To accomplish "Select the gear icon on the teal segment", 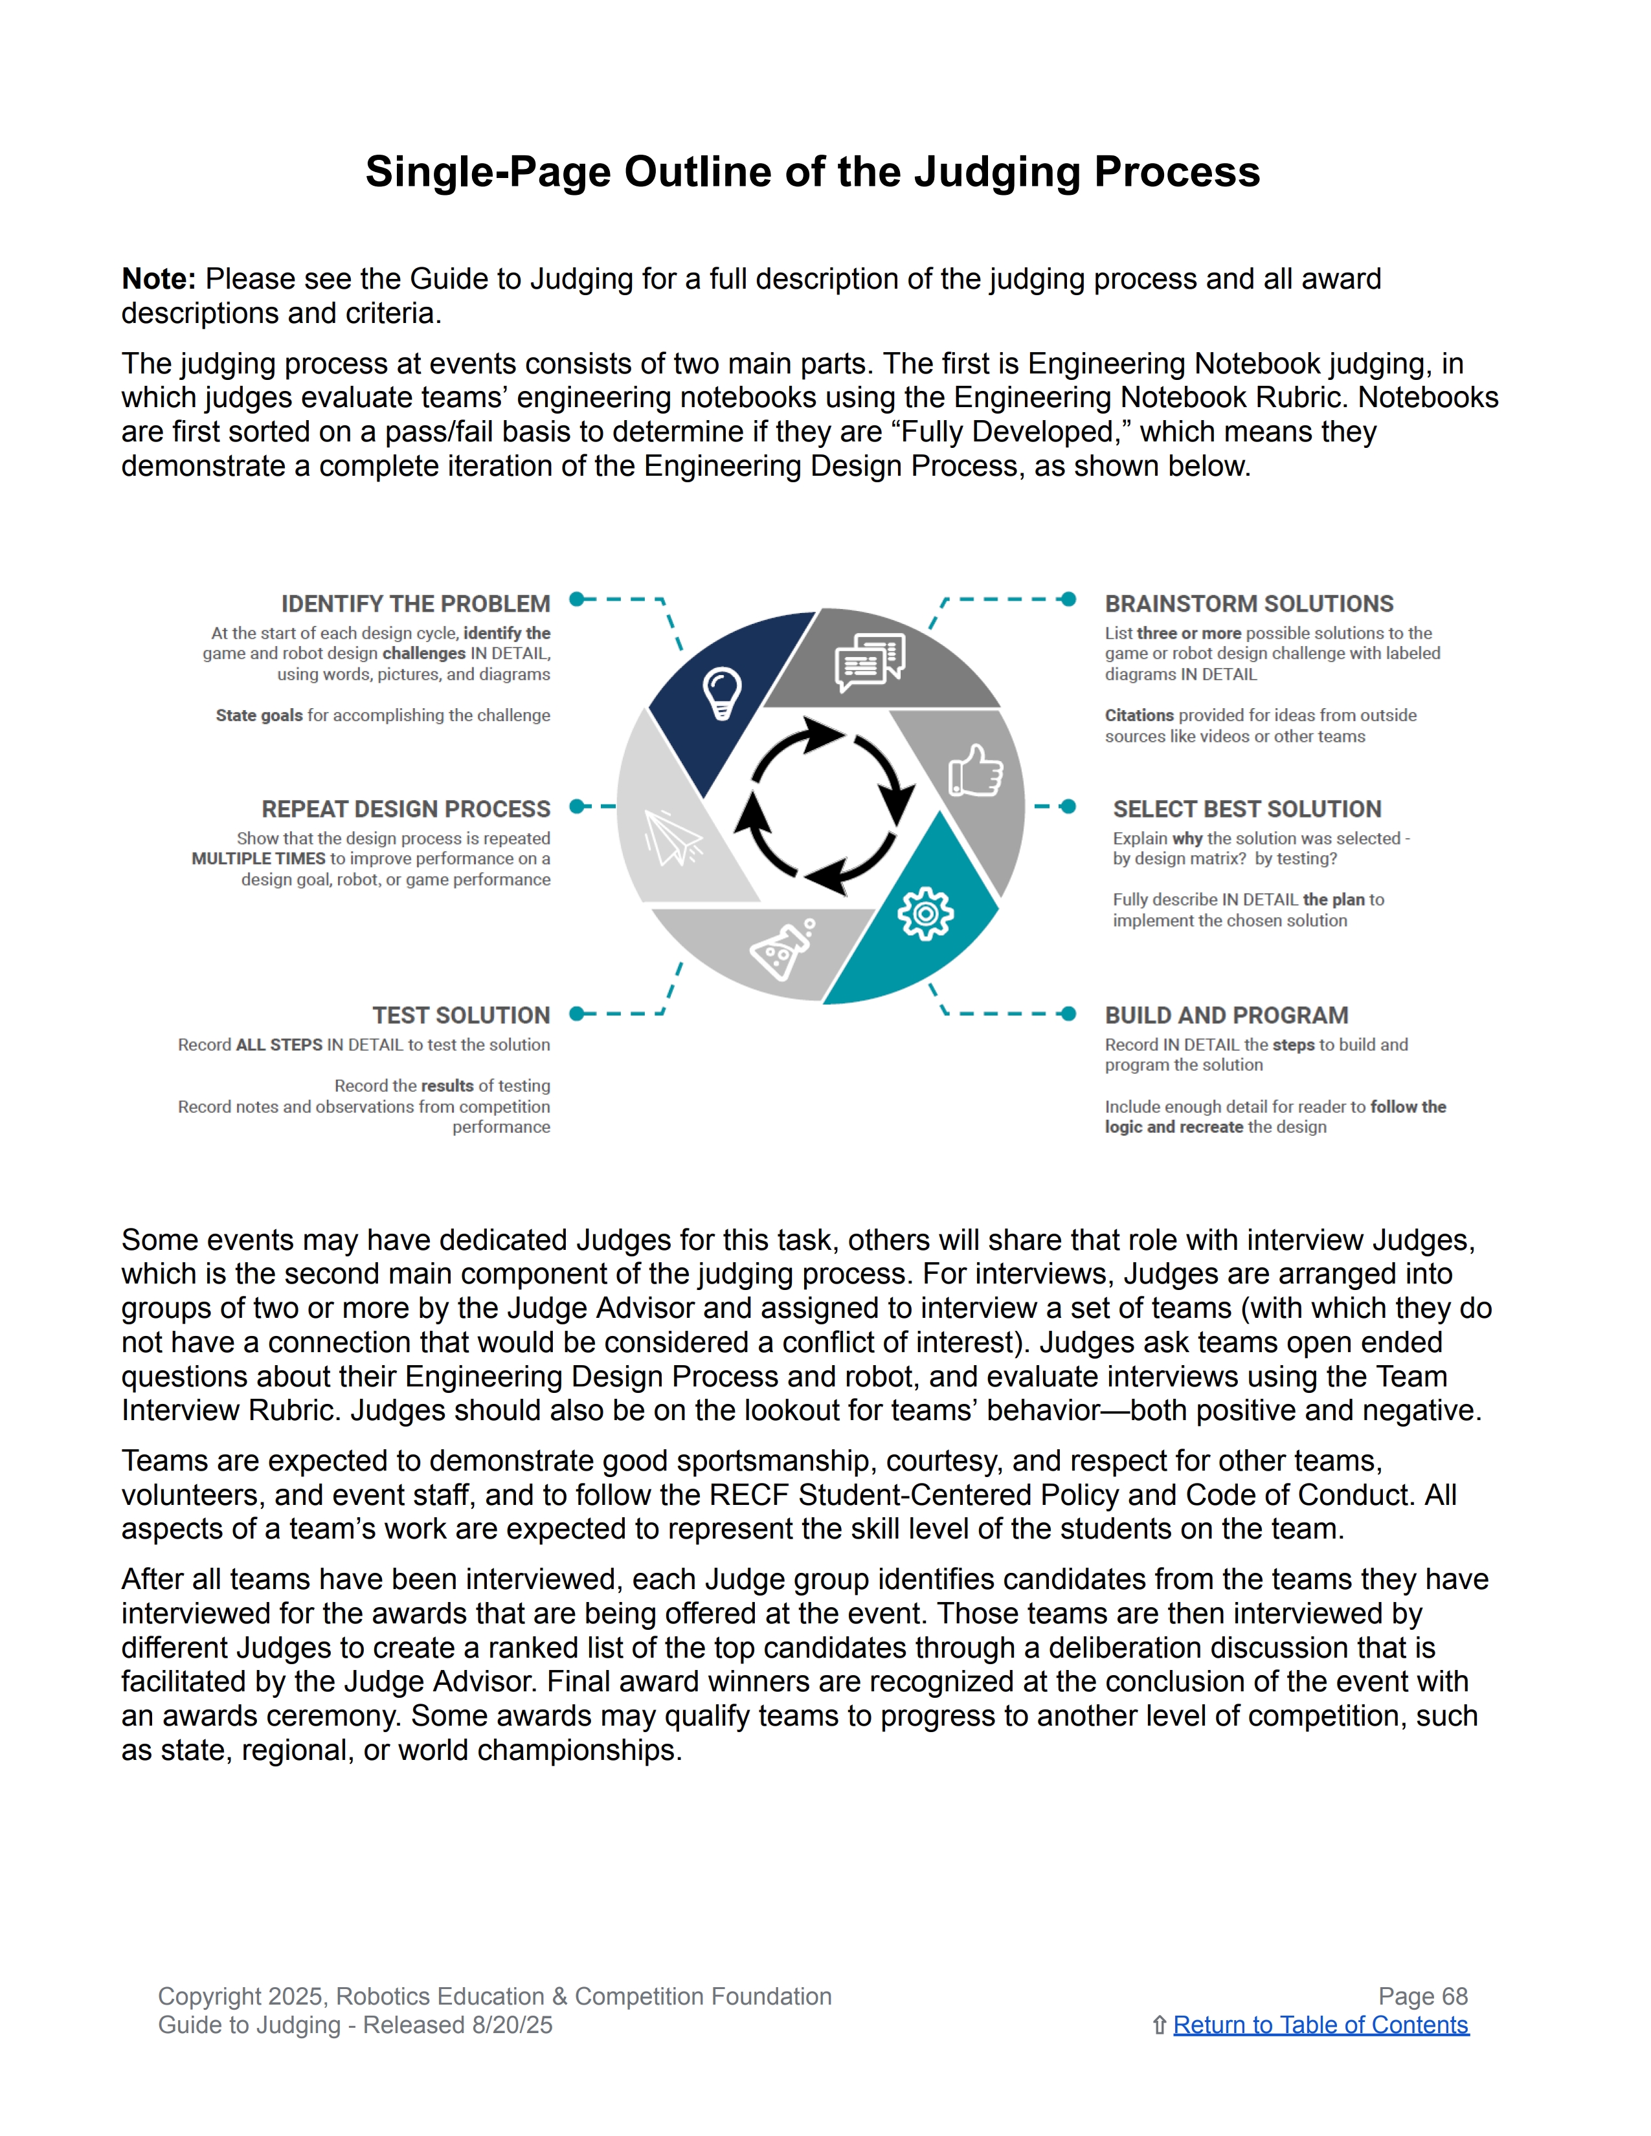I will pos(925,913).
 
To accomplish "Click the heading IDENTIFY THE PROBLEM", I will pos(416,603).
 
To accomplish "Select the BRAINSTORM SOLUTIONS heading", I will pos(1249,603).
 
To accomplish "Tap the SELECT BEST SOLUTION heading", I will pos(1247,809).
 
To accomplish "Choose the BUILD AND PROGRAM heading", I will pos(1226,1015).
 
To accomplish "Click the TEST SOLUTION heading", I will pos(461,1015).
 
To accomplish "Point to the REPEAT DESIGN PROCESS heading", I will pos(406,809).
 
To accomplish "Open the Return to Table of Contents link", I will pos(1320,2025).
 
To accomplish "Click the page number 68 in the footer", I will pos(1454,1996).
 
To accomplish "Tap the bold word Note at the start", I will pos(157,279).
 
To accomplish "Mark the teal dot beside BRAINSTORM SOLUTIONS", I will pos(1069,599).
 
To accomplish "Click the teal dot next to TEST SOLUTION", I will pos(577,1013).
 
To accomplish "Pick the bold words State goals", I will pos(259,715).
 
